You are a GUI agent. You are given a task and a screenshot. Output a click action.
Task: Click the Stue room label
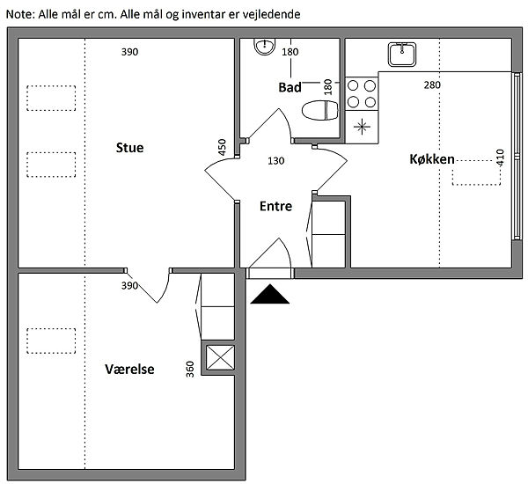[x=129, y=148]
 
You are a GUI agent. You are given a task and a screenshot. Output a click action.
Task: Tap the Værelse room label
[x=129, y=369]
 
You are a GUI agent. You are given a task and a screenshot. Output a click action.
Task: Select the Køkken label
[x=432, y=159]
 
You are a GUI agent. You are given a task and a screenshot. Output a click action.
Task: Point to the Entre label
[x=275, y=206]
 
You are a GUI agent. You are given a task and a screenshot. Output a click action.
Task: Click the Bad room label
[x=290, y=87]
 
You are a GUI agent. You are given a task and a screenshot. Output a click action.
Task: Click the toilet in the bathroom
[x=320, y=110]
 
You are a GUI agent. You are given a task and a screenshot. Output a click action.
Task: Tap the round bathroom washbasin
[x=265, y=46]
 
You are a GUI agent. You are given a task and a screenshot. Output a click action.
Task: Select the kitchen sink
[x=402, y=55]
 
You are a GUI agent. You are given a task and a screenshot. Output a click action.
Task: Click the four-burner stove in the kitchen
[x=362, y=93]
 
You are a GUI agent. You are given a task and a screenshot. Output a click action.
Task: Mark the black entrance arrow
[x=270, y=295]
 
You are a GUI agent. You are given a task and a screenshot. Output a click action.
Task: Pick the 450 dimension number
[x=222, y=147]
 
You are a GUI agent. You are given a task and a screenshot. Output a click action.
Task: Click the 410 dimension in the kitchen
[x=500, y=158]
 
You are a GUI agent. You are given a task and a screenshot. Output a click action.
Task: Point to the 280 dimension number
[x=432, y=84]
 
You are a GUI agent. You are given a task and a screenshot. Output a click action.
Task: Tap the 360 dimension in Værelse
[x=190, y=369]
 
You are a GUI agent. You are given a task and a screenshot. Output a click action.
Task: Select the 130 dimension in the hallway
[x=276, y=161]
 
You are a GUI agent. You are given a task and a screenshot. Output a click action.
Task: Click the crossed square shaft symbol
[x=220, y=357]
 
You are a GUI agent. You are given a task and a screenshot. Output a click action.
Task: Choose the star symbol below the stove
[x=362, y=127]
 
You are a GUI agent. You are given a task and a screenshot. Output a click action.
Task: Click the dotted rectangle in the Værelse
[x=51, y=341]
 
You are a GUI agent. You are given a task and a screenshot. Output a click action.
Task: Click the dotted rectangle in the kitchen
[x=476, y=172]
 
